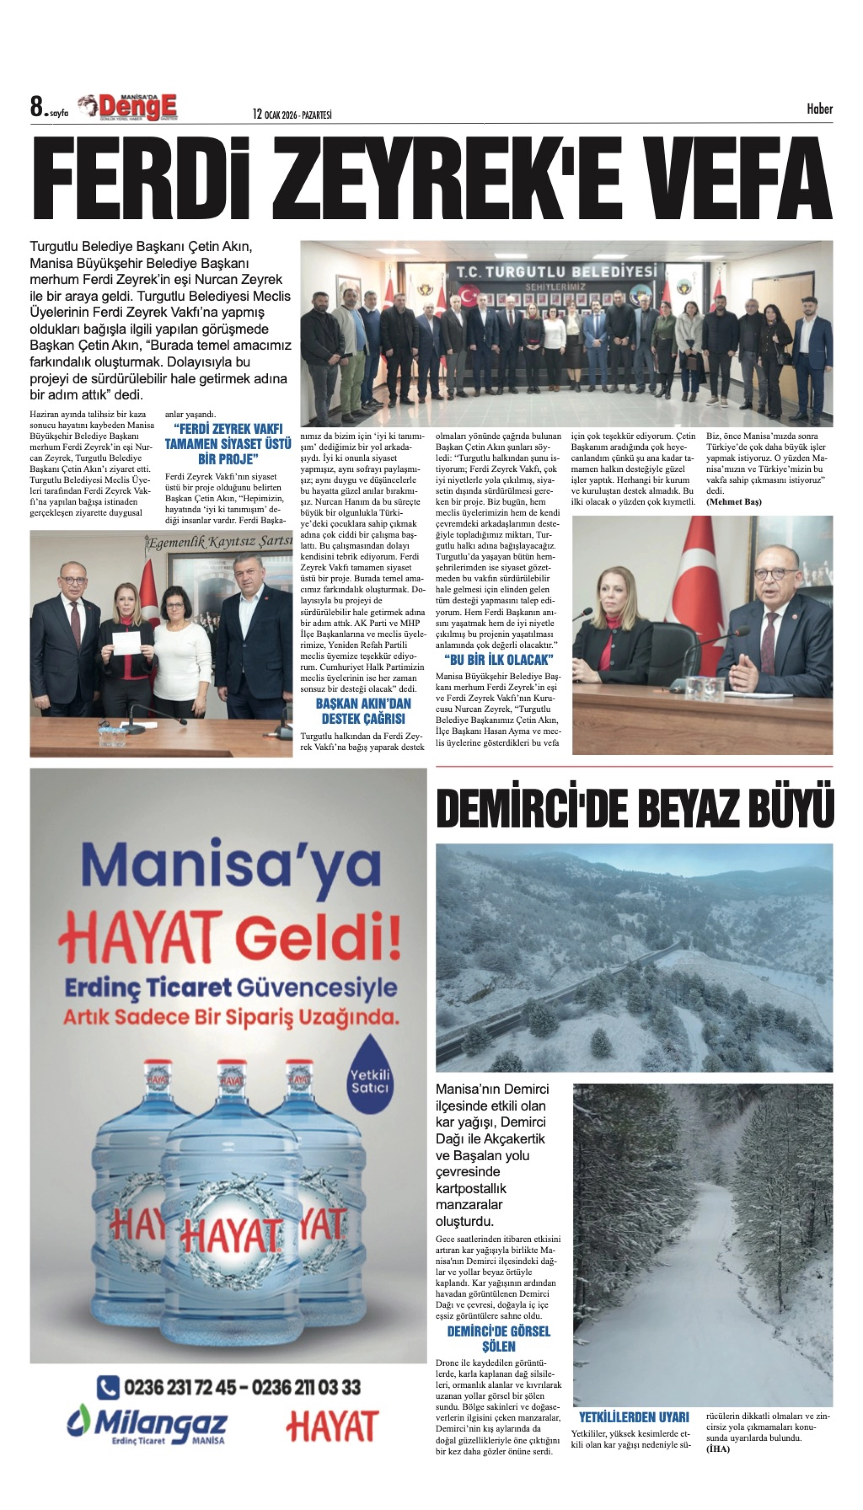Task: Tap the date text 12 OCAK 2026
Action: coord(275,114)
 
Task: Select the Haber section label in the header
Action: coord(819,109)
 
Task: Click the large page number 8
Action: coord(37,107)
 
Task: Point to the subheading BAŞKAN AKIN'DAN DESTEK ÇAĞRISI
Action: coord(363,711)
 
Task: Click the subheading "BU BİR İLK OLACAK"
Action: coord(498,659)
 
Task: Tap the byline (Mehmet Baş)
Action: coord(734,502)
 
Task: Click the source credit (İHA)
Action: coord(718,1449)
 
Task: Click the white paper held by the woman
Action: coord(127,643)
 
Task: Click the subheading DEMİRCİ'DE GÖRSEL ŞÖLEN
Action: coord(498,1339)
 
